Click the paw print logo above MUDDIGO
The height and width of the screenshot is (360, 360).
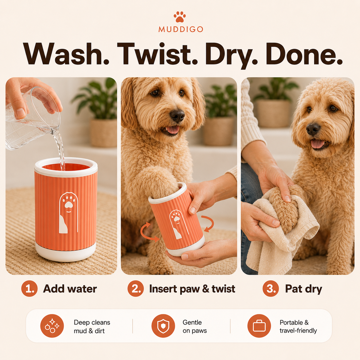(x=180, y=17)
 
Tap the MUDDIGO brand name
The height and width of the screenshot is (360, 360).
(x=181, y=29)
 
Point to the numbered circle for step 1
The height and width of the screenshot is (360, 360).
(x=29, y=289)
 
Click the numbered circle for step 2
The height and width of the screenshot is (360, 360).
(x=136, y=289)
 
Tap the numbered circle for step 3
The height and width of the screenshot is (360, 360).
(x=271, y=289)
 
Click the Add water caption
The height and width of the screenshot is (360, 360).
(x=70, y=289)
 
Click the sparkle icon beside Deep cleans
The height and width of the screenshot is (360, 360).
(x=52, y=326)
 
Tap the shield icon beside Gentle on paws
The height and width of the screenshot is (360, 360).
(x=163, y=326)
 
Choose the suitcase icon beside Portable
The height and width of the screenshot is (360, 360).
(x=259, y=326)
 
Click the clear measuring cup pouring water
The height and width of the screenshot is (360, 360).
(x=32, y=119)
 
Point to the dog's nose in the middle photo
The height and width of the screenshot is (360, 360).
(x=177, y=115)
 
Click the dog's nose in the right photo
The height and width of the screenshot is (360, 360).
(x=313, y=129)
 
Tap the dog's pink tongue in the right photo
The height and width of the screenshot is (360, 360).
(x=318, y=144)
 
